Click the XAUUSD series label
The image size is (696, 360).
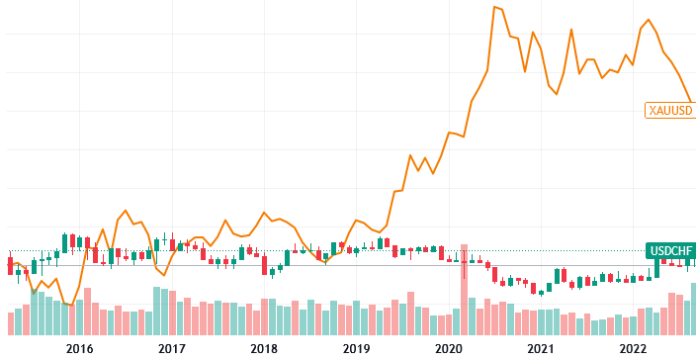(669, 110)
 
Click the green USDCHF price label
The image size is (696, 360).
(669, 250)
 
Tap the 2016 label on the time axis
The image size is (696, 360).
(79, 348)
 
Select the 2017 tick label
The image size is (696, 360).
(171, 348)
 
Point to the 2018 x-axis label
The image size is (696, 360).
(264, 348)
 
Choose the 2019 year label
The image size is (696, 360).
(356, 348)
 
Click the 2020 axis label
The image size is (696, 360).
(449, 348)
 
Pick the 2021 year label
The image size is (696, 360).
(541, 348)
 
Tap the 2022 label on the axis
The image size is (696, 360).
(633, 348)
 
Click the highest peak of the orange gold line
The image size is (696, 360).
(494, 8)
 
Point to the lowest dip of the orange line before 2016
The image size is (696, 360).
(69, 306)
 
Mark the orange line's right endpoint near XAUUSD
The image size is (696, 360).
(692, 103)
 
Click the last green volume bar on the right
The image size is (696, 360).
(693, 310)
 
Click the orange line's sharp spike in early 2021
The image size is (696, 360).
(571, 30)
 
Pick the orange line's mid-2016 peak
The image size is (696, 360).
(126, 211)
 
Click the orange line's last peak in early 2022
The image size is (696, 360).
(649, 20)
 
